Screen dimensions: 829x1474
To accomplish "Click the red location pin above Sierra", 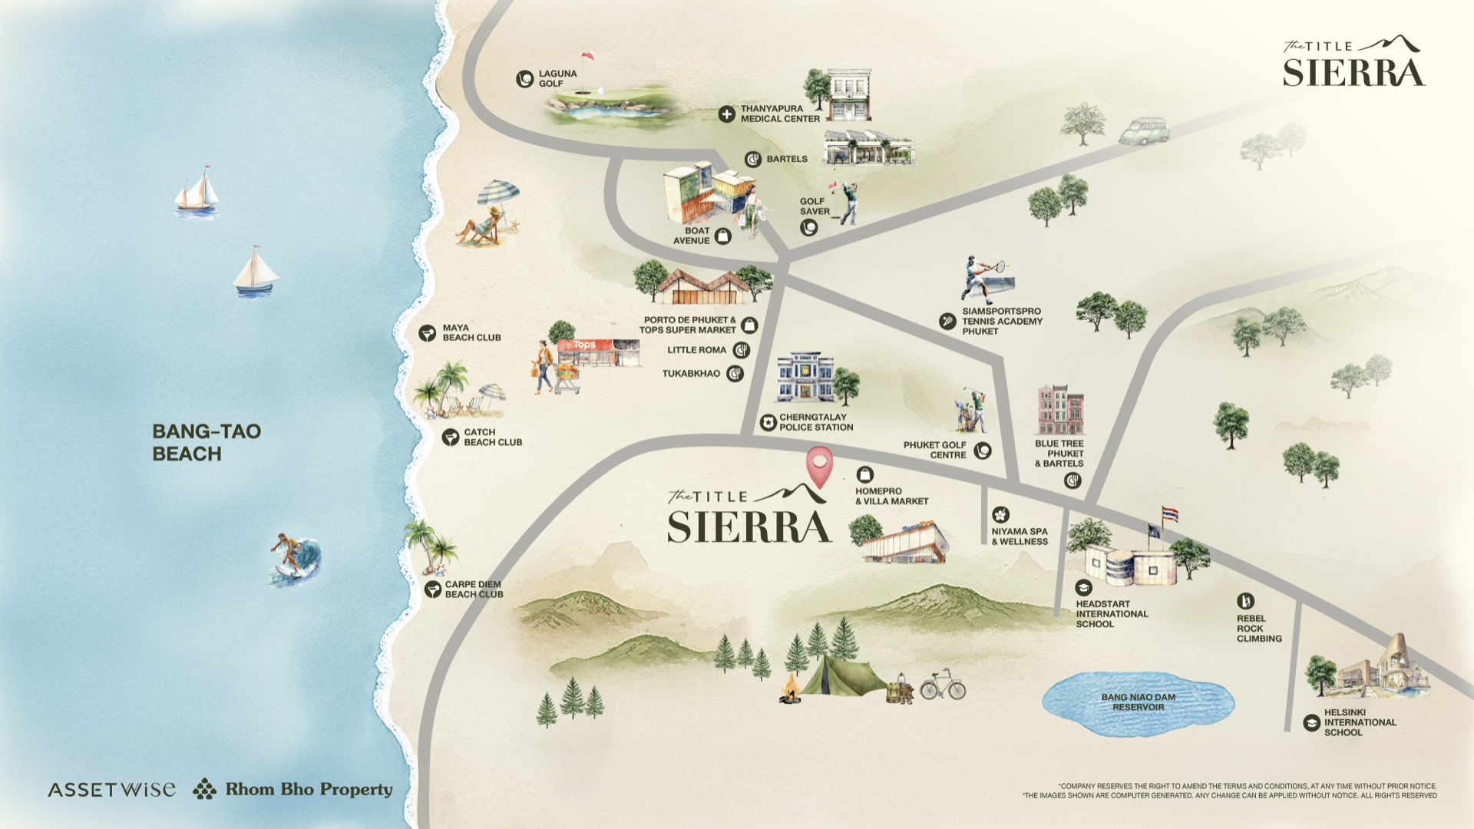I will tap(819, 465).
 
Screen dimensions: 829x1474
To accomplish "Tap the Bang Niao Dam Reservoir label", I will tap(1138, 702).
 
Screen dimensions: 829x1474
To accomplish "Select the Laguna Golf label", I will tap(557, 78).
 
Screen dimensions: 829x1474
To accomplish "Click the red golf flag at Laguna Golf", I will tap(587, 57).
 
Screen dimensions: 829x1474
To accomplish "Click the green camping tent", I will tap(841, 676).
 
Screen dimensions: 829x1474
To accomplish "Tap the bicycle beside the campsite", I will tap(943, 685).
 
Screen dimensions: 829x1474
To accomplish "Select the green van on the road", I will tap(1144, 131).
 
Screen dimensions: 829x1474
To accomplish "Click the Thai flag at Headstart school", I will tap(1170, 514).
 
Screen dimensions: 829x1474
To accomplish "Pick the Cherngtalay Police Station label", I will tap(815, 422).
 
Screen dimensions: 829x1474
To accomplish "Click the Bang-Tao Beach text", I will tap(206, 442).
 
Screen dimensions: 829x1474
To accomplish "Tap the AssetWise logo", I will tap(111, 790).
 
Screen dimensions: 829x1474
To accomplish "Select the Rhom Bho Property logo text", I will tap(309, 789).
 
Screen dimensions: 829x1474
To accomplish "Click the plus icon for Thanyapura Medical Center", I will tap(726, 114).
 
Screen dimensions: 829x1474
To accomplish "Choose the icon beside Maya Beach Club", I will tap(428, 333).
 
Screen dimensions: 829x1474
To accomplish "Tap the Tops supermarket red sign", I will tap(585, 345).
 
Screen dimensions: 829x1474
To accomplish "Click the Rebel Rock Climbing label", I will tap(1258, 628).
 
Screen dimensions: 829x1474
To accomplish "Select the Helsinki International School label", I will tap(1359, 722).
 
